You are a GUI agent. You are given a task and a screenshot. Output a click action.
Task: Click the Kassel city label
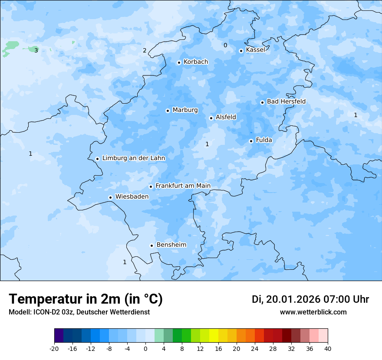[x=255, y=50]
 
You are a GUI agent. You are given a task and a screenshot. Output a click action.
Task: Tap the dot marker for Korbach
[x=179, y=62]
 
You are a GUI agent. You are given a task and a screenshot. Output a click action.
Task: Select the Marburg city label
[x=185, y=110]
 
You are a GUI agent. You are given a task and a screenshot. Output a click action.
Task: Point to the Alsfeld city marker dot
[x=211, y=118]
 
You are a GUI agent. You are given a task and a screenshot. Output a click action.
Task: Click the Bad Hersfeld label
[x=286, y=101]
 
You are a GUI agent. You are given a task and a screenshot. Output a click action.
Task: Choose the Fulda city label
[x=264, y=140]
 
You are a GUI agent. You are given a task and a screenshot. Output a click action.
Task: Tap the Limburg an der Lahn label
[x=134, y=158]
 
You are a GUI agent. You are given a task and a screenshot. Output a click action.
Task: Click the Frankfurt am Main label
[x=183, y=186]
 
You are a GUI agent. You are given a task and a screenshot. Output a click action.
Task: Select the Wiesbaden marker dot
[x=111, y=197]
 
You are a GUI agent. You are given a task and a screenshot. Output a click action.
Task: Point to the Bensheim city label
[x=171, y=245]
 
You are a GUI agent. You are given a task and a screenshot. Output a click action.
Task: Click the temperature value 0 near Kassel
[x=225, y=46]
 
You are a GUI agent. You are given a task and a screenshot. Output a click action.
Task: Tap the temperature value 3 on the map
[x=36, y=50]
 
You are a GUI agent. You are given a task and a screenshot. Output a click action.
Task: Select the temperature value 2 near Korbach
[x=145, y=50]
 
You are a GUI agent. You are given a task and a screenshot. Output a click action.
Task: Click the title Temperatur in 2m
[x=86, y=299]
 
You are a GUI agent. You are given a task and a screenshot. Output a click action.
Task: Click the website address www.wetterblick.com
[x=313, y=312]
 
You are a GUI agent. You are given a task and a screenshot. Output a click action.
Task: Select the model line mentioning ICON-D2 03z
[x=79, y=312]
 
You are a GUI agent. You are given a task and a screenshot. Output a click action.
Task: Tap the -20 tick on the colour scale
[x=54, y=349]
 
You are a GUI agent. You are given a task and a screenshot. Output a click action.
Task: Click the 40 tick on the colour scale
[x=328, y=349]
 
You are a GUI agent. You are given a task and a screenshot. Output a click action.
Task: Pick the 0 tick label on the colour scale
[x=145, y=349]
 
